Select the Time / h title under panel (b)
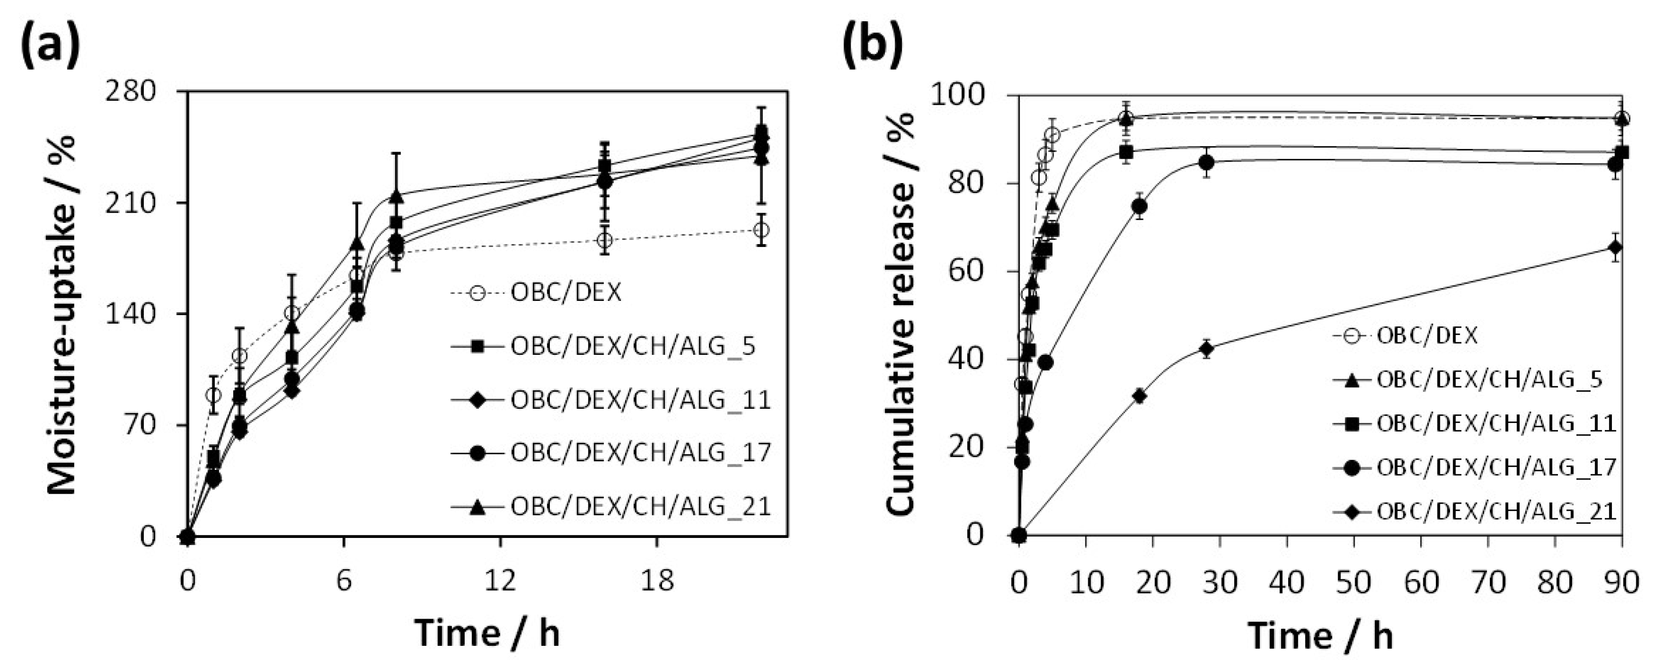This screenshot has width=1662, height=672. tap(1321, 636)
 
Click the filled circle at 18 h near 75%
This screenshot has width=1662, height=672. tap(1139, 207)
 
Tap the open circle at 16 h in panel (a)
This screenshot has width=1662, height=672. tap(604, 241)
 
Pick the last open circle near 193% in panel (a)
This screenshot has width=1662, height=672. tap(761, 230)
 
